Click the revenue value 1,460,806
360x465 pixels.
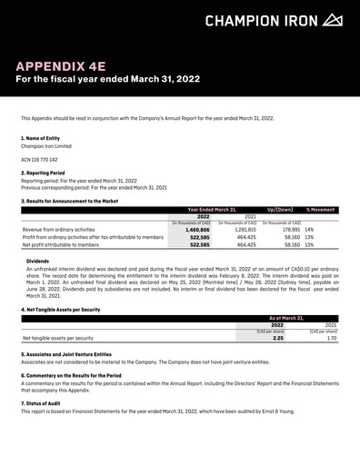point(198,230)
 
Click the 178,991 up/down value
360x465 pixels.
point(286,230)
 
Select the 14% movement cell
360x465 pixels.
point(310,230)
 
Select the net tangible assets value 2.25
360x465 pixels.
point(278,338)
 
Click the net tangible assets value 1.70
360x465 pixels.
point(331,338)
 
